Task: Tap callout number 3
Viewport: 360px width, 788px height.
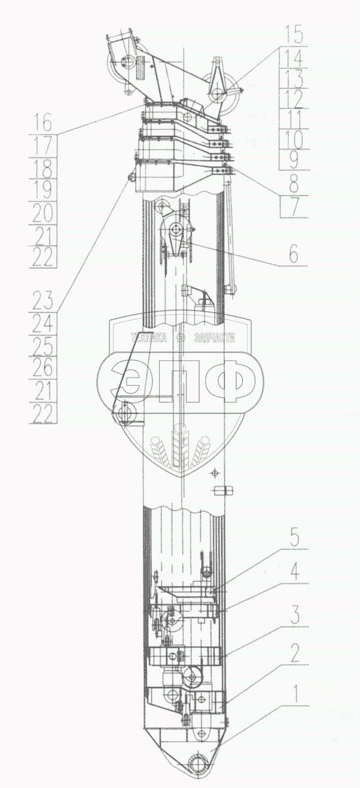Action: (294, 614)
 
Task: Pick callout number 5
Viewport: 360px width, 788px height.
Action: (294, 537)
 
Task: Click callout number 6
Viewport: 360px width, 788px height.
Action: (293, 254)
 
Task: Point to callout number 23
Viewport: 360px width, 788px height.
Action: (44, 300)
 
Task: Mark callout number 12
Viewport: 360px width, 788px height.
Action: (294, 98)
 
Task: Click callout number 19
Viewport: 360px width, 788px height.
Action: (44, 190)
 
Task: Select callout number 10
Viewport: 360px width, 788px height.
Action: (294, 139)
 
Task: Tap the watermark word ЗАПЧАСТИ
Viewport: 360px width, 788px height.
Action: (214, 338)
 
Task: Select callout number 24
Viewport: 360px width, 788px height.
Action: (44, 324)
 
